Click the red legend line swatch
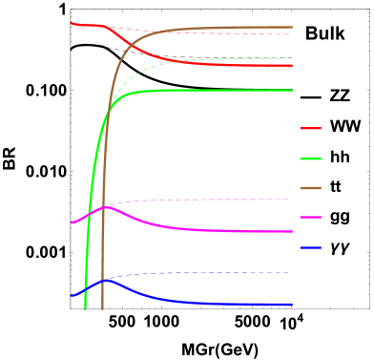click(x=310, y=128)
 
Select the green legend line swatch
click(x=310, y=159)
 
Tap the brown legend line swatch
click(x=310, y=188)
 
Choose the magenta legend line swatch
click(x=310, y=218)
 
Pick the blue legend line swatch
click(x=310, y=248)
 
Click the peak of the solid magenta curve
click(x=106, y=208)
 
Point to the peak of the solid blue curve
click(x=107, y=280)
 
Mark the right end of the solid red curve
click(x=292, y=65)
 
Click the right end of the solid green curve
click(x=292, y=91)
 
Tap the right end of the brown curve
click(x=292, y=28)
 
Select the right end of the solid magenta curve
click(x=292, y=232)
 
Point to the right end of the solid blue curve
click(x=292, y=305)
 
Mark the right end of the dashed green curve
click(x=291, y=58)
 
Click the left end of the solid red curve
click(x=72, y=23)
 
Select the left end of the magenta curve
click(x=72, y=222)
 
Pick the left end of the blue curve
click(x=72, y=296)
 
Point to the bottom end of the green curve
click(x=86, y=308)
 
